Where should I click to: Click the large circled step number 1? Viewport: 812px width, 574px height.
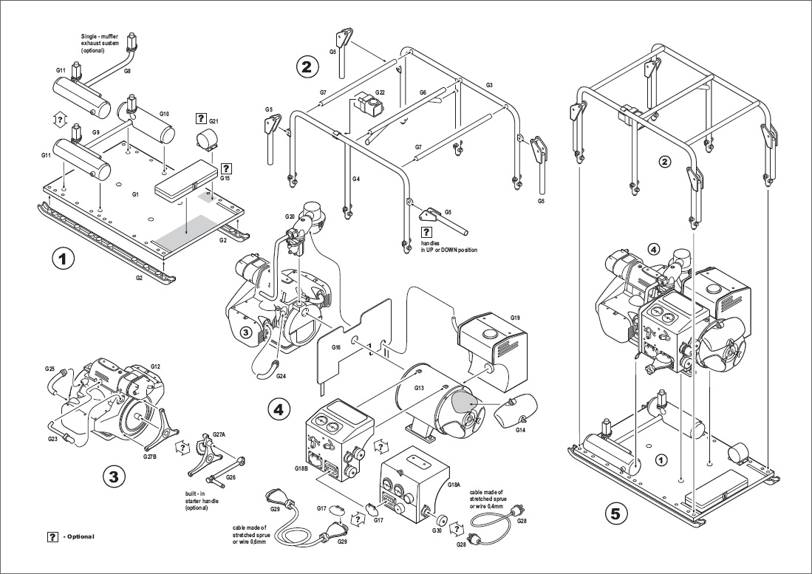[64, 259]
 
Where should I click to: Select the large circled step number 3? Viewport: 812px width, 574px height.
[114, 476]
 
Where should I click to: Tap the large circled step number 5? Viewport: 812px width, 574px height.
[615, 514]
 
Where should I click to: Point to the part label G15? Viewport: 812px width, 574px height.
[225, 178]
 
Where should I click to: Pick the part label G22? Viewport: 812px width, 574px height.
[380, 92]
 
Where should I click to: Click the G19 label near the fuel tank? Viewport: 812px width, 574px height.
[515, 317]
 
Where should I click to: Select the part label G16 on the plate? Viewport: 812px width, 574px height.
[336, 346]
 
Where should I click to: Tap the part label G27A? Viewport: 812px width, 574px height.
[219, 435]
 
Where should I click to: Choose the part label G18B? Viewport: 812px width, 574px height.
[301, 468]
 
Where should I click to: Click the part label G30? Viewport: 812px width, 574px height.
[437, 530]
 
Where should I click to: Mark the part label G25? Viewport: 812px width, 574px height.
[50, 369]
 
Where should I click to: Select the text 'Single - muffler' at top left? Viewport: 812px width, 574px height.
[100, 37]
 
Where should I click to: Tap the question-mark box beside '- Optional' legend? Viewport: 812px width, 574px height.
[52, 537]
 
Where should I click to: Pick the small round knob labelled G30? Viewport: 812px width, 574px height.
[443, 519]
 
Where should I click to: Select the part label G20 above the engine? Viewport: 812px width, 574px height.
[290, 216]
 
